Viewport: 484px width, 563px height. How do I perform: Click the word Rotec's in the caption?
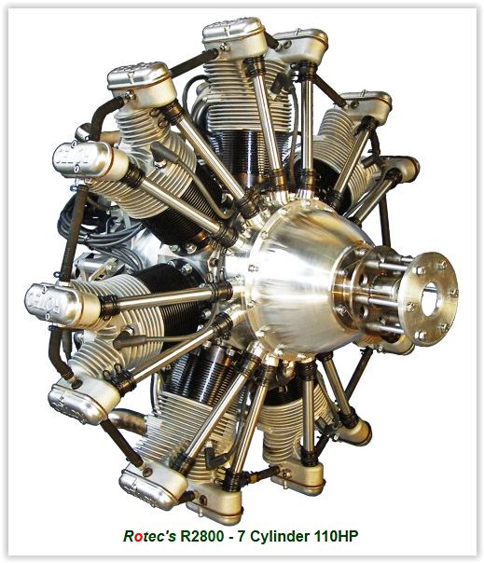coord(149,536)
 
